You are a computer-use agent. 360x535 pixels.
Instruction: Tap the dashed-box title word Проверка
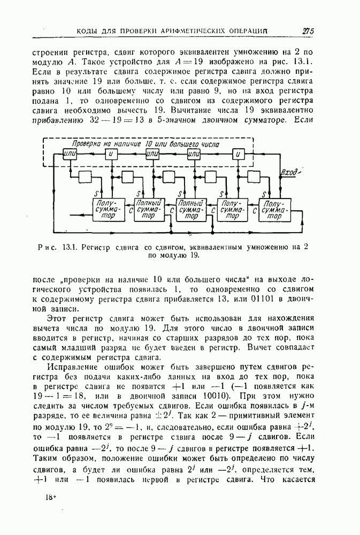[87, 144]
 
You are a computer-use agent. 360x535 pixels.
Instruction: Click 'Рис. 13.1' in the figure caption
[60, 247]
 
